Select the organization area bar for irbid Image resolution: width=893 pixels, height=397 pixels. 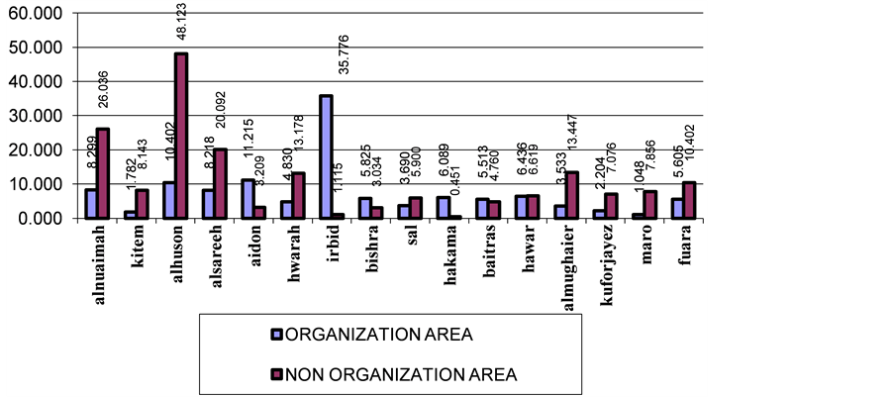pos(326,156)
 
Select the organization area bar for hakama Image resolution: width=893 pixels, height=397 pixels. pos(444,207)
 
